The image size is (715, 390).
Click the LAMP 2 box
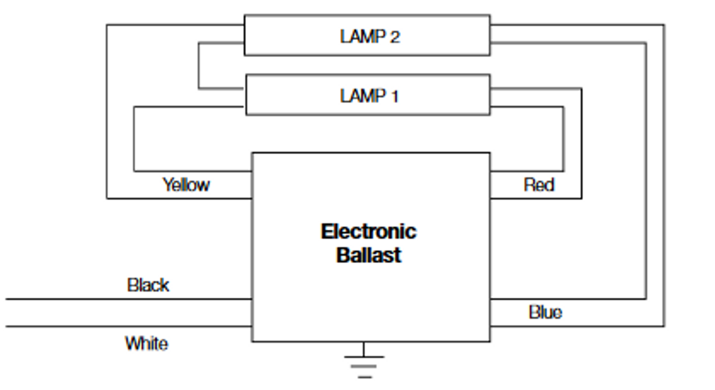point(367,36)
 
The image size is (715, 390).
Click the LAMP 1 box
point(368,95)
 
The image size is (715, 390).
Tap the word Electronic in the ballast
point(368,231)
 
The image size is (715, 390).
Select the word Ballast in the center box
point(369,255)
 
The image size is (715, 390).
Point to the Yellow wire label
point(186,184)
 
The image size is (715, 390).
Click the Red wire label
point(538,184)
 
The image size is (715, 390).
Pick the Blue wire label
point(545,312)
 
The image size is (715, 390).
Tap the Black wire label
point(148,285)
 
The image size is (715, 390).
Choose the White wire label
point(146,343)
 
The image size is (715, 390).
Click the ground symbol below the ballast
point(364,363)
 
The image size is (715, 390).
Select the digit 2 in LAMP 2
point(394,37)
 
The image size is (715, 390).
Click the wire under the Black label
point(128,299)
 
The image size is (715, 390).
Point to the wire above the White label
point(128,326)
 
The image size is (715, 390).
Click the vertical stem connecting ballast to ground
point(364,349)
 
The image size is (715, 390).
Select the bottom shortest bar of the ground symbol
point(364,377)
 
